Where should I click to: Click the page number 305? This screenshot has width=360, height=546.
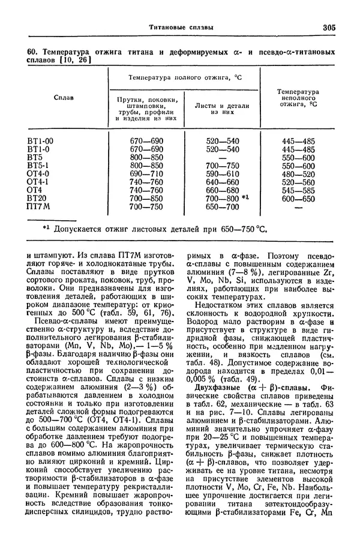[328, 26]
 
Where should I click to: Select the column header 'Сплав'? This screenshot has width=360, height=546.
[64, 98]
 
